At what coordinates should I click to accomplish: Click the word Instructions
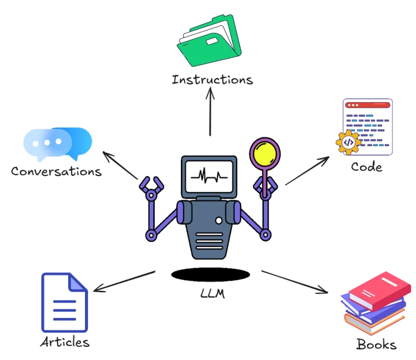click(x=212, y=79)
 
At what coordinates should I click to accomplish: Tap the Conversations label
click(x=56, y=171)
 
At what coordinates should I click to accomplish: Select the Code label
click(x=367, y=167)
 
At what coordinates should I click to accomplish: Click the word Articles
click(x=65, y=342)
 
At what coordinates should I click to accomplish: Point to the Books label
click(x=377, y=344)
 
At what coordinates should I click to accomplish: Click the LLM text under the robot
click(x=213, y=293)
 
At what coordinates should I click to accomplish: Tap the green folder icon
click(x=209, y=41)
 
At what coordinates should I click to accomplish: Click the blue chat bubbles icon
click(x=57, y=144)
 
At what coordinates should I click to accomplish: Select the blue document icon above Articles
click(x=65, y=303)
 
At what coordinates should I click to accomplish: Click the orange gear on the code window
click(x=348, y=143)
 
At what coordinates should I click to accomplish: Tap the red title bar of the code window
click(x=367, y=105)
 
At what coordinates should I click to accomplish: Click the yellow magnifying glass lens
click(x=264, y=153)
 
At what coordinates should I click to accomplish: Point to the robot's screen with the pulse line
click(x=209, y=176)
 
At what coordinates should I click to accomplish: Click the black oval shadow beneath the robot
click(x=211, y=274)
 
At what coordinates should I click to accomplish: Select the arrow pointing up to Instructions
click(x=210, y=111)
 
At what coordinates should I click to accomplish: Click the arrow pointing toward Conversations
click(x=120, y=165)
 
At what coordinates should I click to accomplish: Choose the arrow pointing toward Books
click(x=295, y=282)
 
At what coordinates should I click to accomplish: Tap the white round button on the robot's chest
click(x=219, y=221)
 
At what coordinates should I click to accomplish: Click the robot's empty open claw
click(x=151, y=185)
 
